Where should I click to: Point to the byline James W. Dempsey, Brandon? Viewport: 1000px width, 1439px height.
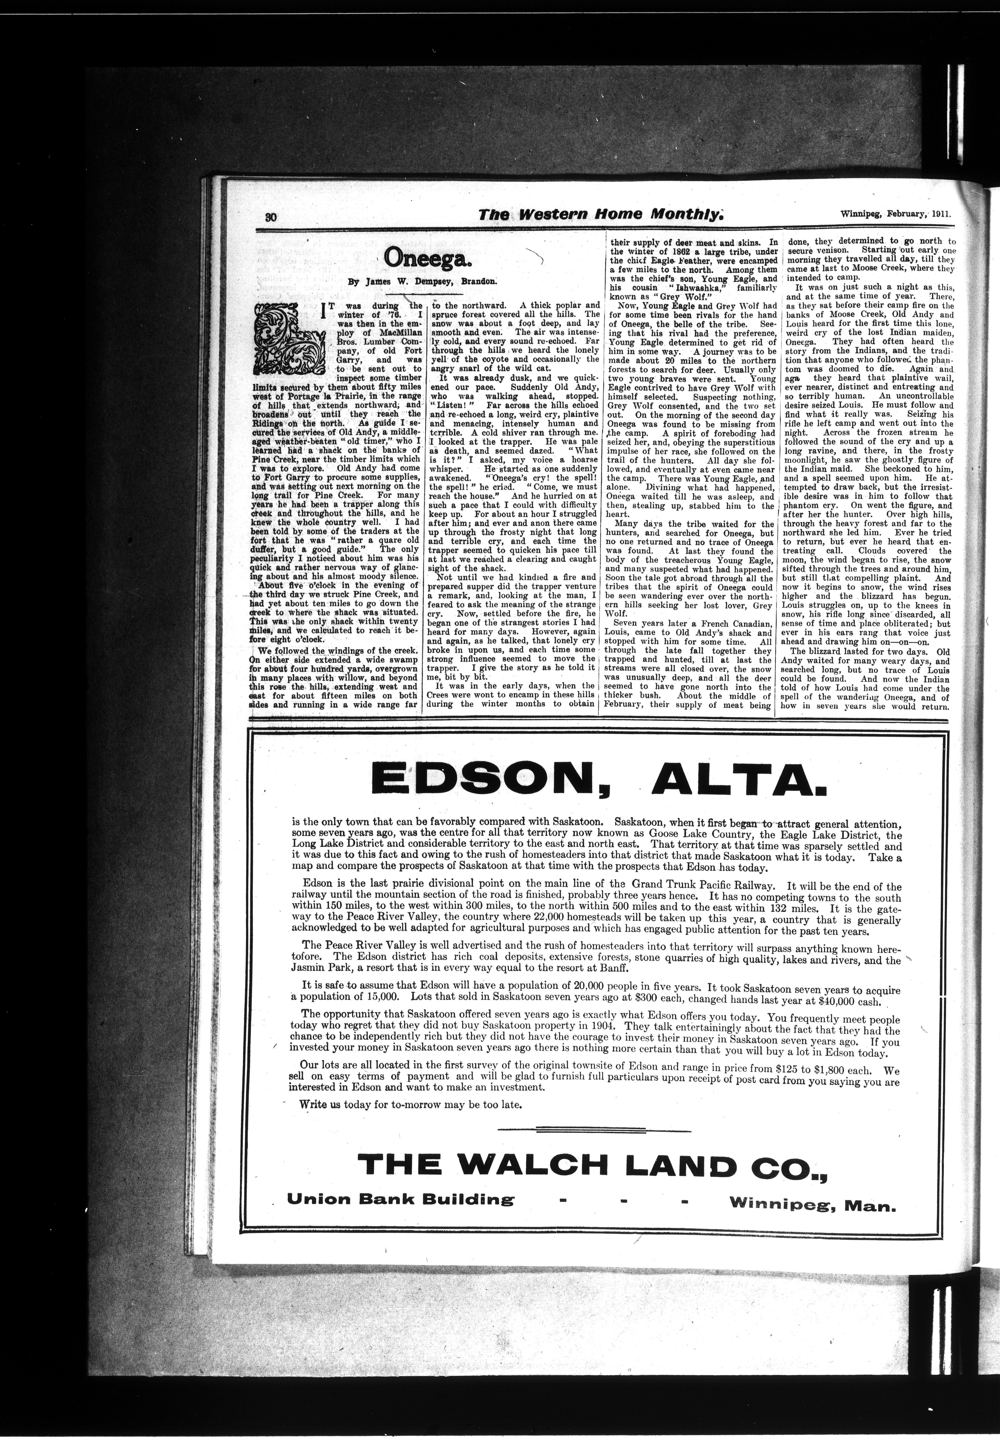point(423,282)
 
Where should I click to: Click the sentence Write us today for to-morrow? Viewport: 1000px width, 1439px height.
point(410,1105)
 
